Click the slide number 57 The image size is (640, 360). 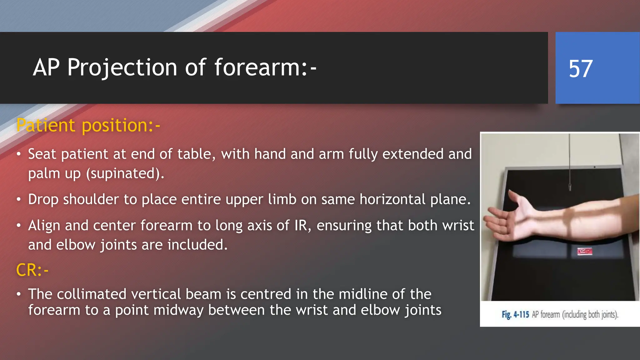point(580,69)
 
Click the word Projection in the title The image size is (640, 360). point(122,67)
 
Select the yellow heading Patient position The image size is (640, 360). point(88,125)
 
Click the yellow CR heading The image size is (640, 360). point(32,270)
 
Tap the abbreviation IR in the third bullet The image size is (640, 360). point(301,226)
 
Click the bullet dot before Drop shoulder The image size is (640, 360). point(19,199)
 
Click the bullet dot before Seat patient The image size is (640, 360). point(19,154)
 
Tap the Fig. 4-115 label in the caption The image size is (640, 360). point(515,314)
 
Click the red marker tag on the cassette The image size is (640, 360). point(584,251)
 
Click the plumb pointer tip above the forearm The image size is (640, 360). point(570,189)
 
